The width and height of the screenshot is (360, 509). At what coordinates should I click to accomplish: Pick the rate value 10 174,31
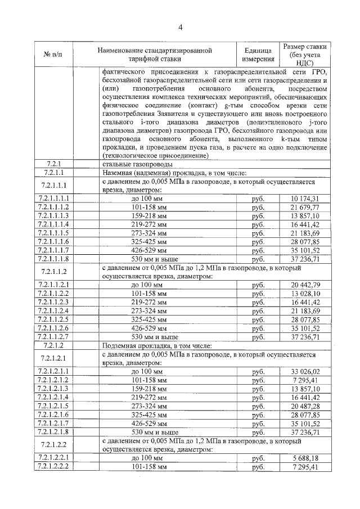click(x=305, y=199)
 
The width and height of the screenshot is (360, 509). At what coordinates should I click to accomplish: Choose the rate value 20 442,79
click(x=305, y=286)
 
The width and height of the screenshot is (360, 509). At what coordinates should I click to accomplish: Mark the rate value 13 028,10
click(x=305, y=294)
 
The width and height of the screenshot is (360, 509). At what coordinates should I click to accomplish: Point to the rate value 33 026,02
click(x=305, y=372)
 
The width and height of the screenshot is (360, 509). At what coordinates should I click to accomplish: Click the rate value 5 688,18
click(x=305, y=459)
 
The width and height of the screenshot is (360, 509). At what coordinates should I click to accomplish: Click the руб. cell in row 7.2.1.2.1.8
click(x=258, y=433)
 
